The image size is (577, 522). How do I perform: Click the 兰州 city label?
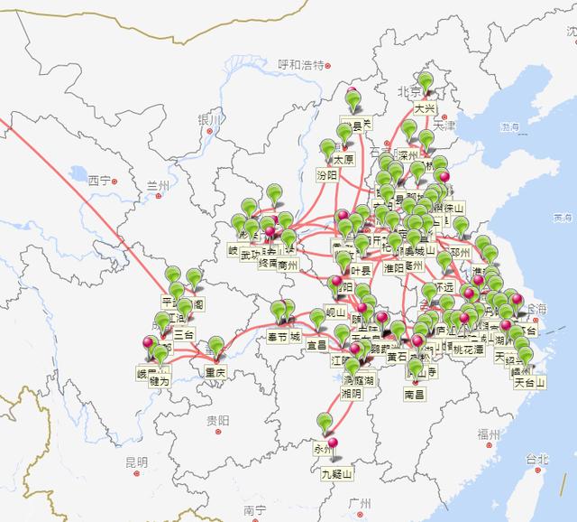click(x=157, y=185)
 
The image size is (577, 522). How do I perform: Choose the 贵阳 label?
click(x=217, y=421)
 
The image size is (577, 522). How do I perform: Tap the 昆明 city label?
click(x=136, y=462)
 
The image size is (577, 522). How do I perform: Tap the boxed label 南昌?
click(x=414, y=395)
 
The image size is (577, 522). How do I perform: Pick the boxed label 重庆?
click(x=215, y=373)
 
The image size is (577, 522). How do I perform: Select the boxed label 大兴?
click(x=425, y=108)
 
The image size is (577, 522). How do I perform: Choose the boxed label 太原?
click(x=343, y=159)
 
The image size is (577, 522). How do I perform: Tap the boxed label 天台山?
click(x=530, y=382)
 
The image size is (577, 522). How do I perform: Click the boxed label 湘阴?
click(x=351, y=395)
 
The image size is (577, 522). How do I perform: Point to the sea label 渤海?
click(x=511, y=127)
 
